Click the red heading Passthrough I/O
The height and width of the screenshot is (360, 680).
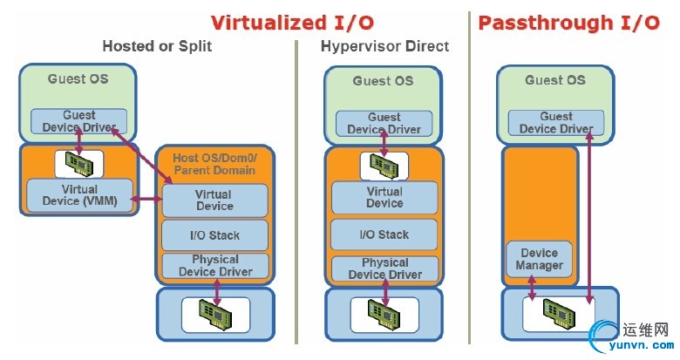[x=568, y=22]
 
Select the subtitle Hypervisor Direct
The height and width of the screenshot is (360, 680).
[x=384, y=46]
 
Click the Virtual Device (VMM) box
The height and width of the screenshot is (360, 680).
[x=80, y=195]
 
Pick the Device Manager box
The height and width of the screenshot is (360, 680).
[x=540, y=259]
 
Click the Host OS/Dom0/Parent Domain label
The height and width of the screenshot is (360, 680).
[x=214, y=164]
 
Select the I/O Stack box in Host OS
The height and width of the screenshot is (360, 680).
[x=214, y=234]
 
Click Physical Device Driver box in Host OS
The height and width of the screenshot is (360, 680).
[x=214, y=265]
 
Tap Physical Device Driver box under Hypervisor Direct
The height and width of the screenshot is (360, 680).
[x=384, y=268]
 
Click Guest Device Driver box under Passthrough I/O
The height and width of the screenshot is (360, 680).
[x=556, y=123]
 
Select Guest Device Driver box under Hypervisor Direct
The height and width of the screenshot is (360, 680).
[x=384, y=124]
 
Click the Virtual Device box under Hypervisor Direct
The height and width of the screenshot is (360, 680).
[x=384, y=197]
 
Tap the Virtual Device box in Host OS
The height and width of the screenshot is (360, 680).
[x=214, y=200]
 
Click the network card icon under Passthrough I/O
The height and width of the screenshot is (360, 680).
[x=560, y=312]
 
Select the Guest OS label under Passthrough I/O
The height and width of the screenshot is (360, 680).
[x=555, y=80]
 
